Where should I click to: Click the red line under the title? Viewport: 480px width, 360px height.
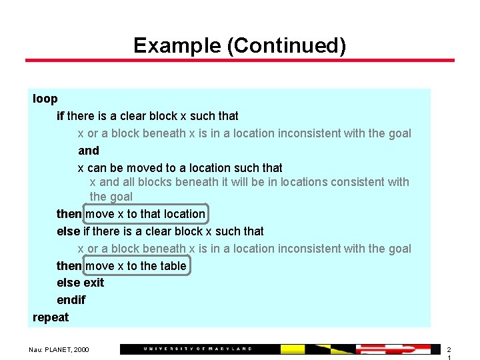[240, 61]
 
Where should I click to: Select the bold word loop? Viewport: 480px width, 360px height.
[45, 99]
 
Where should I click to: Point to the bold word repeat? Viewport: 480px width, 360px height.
[51, 317]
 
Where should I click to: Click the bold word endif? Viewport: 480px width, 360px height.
[71, 300]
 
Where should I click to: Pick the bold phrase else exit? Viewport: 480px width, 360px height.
[81, 283]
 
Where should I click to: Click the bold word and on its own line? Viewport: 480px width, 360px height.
[89, 151]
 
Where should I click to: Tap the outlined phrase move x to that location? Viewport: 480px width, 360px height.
[145, 214]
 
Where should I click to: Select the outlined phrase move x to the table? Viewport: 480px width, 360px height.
[136, 266]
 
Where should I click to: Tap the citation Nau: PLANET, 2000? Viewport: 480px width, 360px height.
[59, 349]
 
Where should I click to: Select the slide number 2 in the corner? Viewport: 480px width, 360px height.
[449, 349]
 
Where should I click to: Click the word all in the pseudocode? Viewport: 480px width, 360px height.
[129, 182]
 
